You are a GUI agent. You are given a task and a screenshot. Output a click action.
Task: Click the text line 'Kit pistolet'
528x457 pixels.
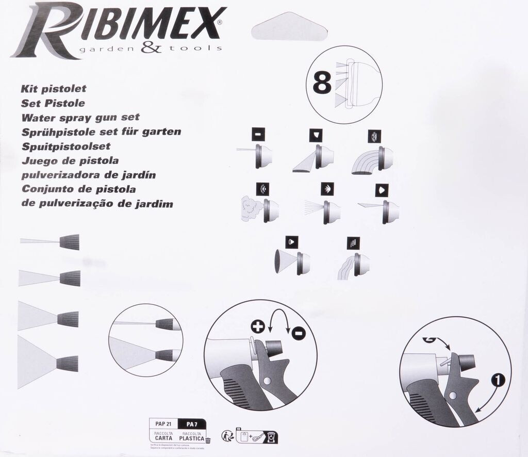pyautogui.click(x=53, y=89)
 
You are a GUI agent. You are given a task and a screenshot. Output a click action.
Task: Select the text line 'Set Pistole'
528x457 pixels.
pyautogui.click(x=53, y=103)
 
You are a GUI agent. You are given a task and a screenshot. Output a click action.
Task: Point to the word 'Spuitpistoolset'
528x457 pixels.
pyautogui.click(x=66, y=146)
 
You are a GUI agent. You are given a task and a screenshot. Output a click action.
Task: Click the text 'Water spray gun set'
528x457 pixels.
pyautogui.click(x=80, y=118)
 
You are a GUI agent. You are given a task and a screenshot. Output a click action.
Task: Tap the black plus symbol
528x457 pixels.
pyautogui.click(x=257, y=327)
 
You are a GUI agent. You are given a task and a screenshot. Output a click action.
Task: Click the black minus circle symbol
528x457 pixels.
pyautogui.click(x=298, y=333)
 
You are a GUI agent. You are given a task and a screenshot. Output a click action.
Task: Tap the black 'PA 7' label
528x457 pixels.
pyautogui.click(x=192, y=424)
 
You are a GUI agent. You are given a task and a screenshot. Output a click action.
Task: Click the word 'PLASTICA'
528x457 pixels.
pyautogui.click(x=191, y=438)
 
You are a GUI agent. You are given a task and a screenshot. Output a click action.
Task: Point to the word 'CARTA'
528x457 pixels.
pyautogui.click(x=163, y=438)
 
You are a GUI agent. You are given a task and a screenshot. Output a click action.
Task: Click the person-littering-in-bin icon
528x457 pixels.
pyautogui.click(x=227, y=436)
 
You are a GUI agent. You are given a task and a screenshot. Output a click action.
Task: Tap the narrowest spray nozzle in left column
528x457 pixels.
pyautogui.click(x=69, y=241)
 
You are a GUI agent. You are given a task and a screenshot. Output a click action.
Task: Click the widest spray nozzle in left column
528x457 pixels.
pyautogui.click(x=67, y=364)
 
